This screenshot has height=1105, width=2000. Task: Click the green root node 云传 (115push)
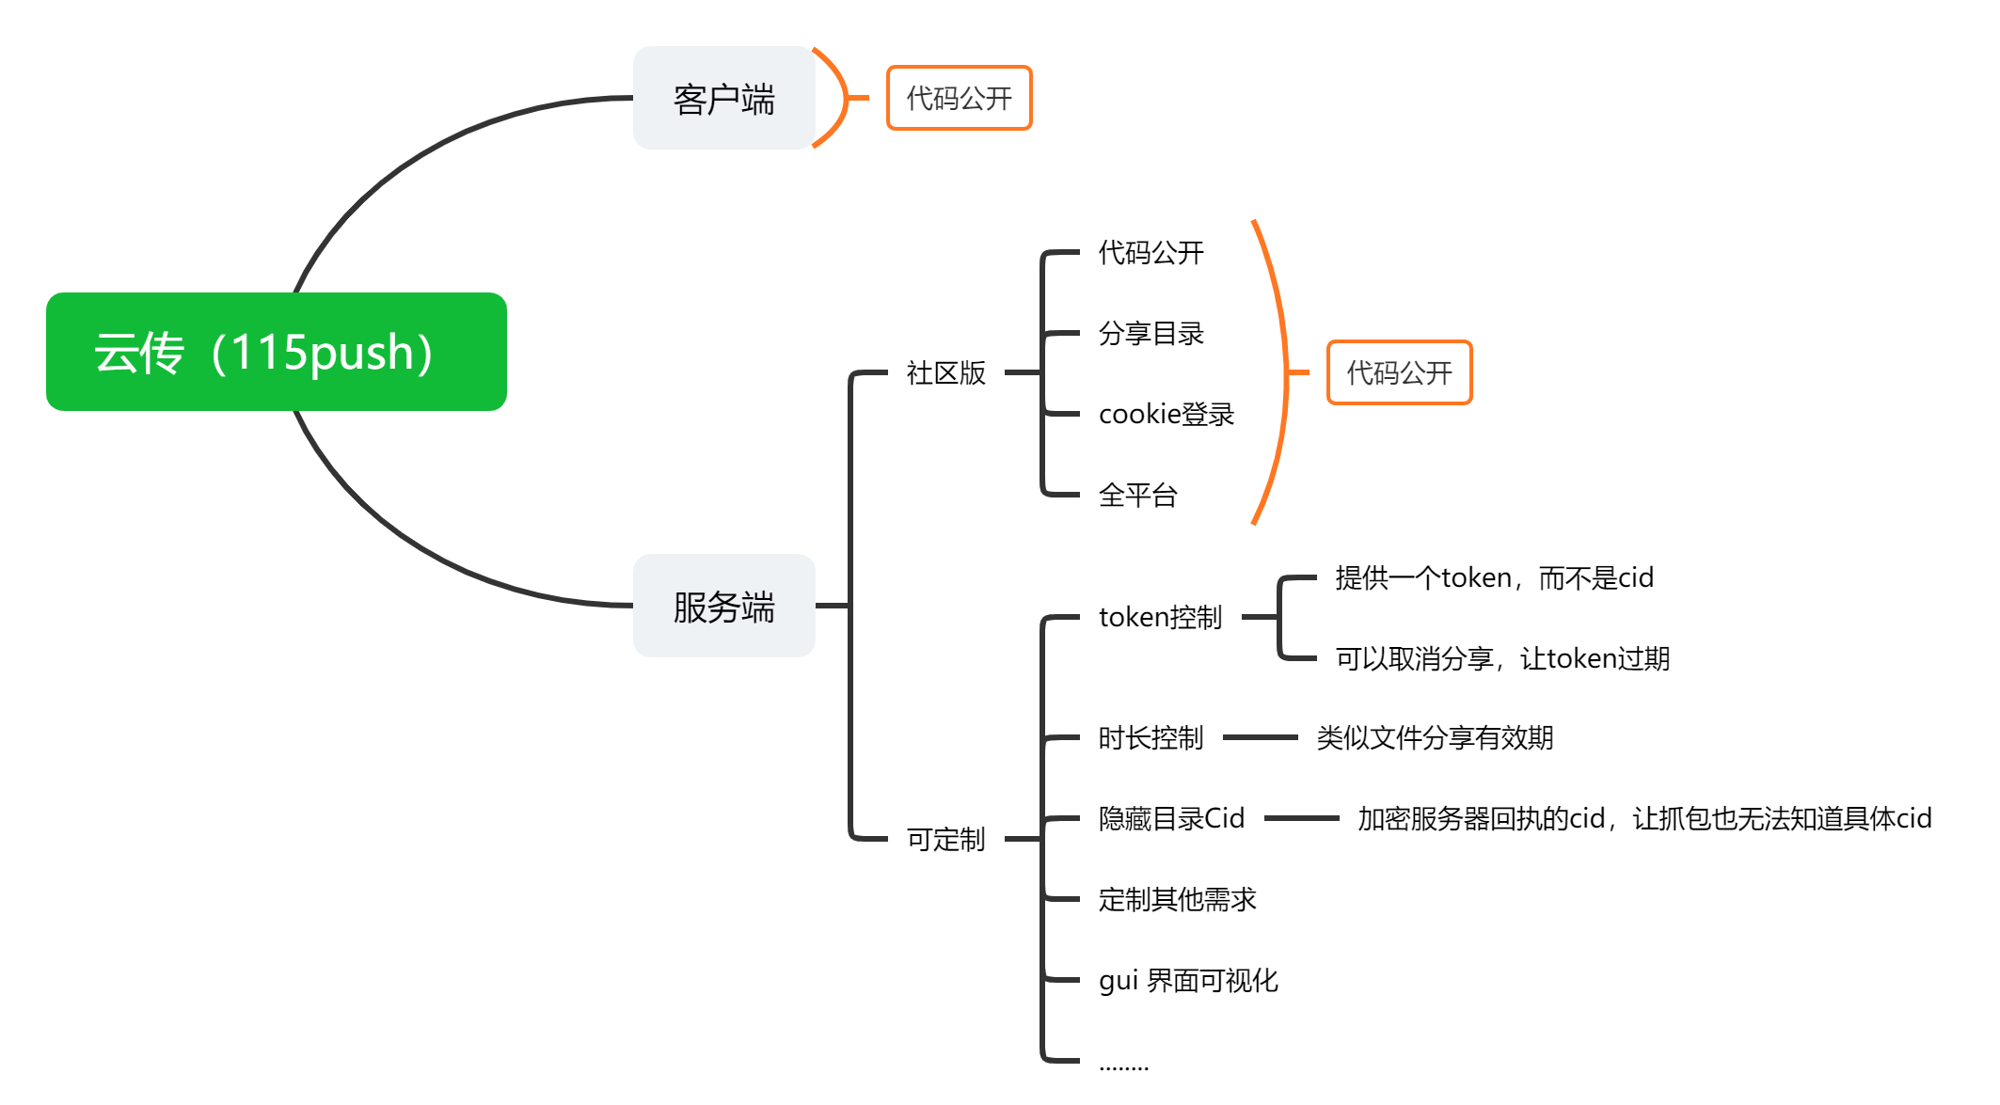[276, 352]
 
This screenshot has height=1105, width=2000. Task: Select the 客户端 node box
[723, 98]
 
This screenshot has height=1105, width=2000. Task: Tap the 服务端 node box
[723, 606]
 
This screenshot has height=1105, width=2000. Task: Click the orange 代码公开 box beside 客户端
[959, 98]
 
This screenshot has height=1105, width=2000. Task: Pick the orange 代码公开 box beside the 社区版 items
[1399, 372]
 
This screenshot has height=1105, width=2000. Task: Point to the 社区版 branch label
[945, 372]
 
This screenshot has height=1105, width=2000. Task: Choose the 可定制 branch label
[945, 838]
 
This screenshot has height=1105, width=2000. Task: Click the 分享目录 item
[1151, 333]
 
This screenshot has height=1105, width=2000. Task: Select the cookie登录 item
[1166, 414]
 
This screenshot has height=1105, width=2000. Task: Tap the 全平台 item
[1137, 495]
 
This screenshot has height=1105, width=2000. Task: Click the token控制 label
[1160, 617]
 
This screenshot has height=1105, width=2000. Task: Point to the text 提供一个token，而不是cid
[1494, 577]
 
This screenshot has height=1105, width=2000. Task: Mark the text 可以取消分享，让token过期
[1502, 658]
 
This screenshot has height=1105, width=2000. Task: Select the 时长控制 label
[1151, 737]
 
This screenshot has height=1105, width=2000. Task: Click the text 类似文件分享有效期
[1435, 737]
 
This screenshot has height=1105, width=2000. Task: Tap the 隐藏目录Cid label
[1171, 818]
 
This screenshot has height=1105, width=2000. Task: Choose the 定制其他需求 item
[1177, 899]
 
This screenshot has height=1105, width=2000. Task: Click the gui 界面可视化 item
[1188, 980]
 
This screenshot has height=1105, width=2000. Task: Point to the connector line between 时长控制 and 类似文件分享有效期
[1260, 737]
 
